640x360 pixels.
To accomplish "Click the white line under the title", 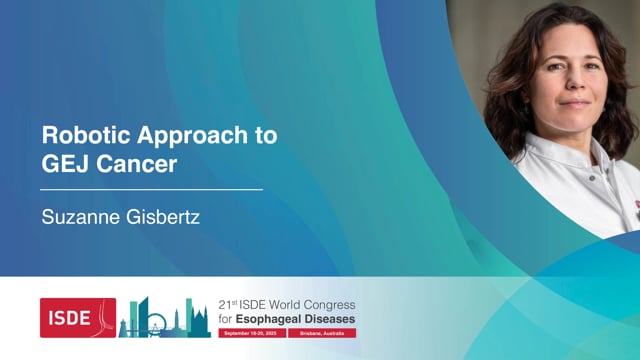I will tap(151, 188).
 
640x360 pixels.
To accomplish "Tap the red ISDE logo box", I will tap(78, 317).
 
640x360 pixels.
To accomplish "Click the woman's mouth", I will tap(575, 102).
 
